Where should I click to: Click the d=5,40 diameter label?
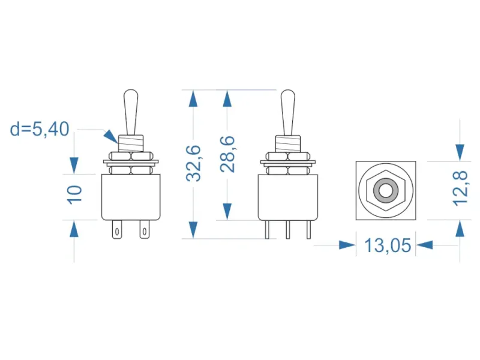pyautogui.click(x=40, y=129)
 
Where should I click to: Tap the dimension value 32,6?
pyautogui.click(x=193, y=163)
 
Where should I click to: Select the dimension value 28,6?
pyautogui.click(x=227, y=154)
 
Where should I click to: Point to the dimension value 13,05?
pyautogui.click(x=388, y=245)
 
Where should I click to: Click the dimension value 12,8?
pyautogui.click(x=460, y=188)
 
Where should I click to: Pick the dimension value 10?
pyautogui.click(x=74, y=194)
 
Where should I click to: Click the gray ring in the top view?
pyautogui.click(x=386, y=190)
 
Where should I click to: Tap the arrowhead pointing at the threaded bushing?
pyautogui.click(x=110, y=137)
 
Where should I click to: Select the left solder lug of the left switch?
pyautogui.click(x=116, y=229)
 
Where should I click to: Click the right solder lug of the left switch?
pyautogui.click(x=145, y=229)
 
